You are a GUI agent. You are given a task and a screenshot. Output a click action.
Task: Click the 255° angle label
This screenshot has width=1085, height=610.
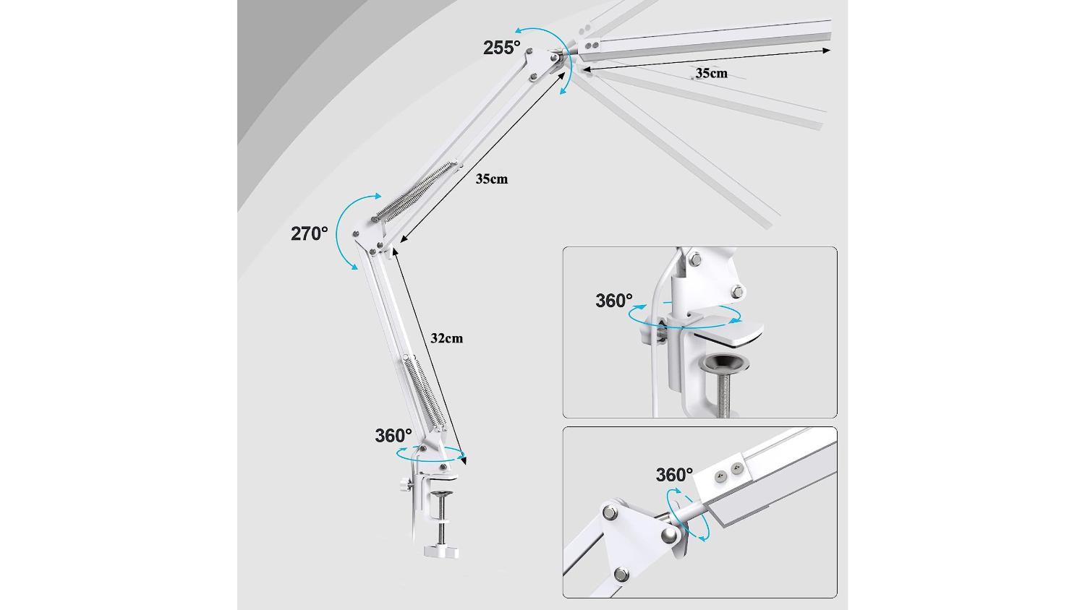pyautogui.click(x=501, y=48)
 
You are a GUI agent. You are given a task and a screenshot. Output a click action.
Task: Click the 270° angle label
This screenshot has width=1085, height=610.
pyautogui.click(x=309, y=234)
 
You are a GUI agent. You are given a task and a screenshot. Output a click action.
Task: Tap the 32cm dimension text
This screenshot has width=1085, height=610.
pyautogui.click(x=446, y=338)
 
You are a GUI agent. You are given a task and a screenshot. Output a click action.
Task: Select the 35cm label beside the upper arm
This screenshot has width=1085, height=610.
pyautogui.click(x=492, y=179)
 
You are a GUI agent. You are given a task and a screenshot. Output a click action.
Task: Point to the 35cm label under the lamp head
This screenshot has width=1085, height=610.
pyautogui.click(x=712, y=73)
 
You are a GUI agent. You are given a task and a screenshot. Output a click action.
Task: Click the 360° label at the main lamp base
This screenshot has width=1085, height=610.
pyautogui.click(x=393, y=436)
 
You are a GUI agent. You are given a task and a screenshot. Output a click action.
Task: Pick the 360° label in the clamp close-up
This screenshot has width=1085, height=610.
pyautogui.click(x=613, y=301)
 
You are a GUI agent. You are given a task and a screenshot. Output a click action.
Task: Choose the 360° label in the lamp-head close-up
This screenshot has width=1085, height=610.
pyautogui.click(x=674, y=474)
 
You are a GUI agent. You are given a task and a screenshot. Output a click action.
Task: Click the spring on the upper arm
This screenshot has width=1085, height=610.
pyautogui.click(x=416, y=192)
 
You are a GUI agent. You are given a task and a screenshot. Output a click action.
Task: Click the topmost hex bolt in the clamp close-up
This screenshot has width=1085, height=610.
pyautogui.click(x=696, y=259)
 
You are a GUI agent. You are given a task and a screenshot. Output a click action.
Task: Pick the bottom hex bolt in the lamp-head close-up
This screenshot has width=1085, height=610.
pyautogui.click(x=621, y=575)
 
